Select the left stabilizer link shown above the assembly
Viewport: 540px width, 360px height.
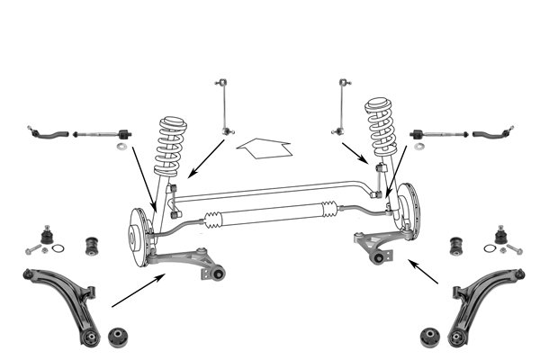[x=221, y=108]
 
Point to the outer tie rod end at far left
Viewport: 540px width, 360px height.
[x=44, y=135]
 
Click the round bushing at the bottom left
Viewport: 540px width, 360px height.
[x=118, y=337]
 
